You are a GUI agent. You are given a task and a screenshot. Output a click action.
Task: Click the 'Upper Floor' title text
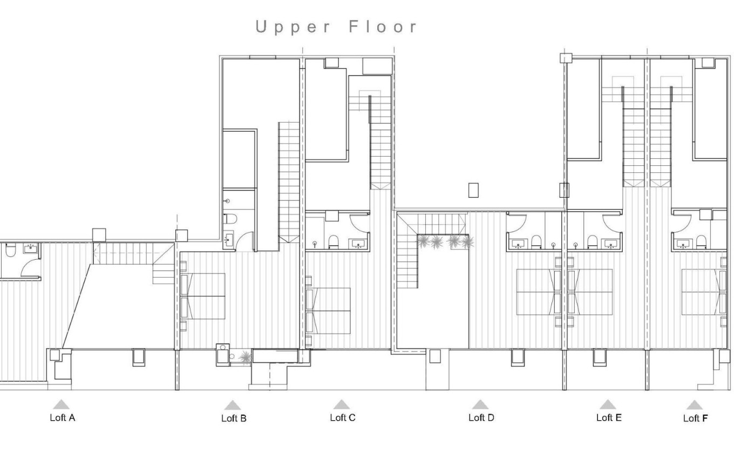(337, 27)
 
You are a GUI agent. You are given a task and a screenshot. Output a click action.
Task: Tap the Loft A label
(62, 417)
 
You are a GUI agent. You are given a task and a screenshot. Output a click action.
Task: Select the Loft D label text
(481, 417)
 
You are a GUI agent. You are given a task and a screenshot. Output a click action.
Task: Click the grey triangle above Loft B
(233, 406)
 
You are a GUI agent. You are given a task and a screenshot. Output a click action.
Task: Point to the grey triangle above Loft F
(694, 406)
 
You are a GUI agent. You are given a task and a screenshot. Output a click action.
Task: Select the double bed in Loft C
(329, 310)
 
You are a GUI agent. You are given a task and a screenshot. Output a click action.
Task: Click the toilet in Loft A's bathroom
(10, 251)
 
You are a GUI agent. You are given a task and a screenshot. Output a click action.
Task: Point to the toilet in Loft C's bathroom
(333, 241)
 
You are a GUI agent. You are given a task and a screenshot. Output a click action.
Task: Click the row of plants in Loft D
(445, 241)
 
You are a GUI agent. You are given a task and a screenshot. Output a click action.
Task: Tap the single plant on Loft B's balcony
(246, 356)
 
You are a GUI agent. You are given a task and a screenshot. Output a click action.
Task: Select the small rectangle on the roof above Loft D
(473, 190)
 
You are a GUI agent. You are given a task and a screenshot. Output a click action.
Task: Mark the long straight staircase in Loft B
(288, 181)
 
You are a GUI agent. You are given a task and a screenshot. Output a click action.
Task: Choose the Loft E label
(608, 417)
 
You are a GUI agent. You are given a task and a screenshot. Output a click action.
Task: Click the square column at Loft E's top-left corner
(565, 58)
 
